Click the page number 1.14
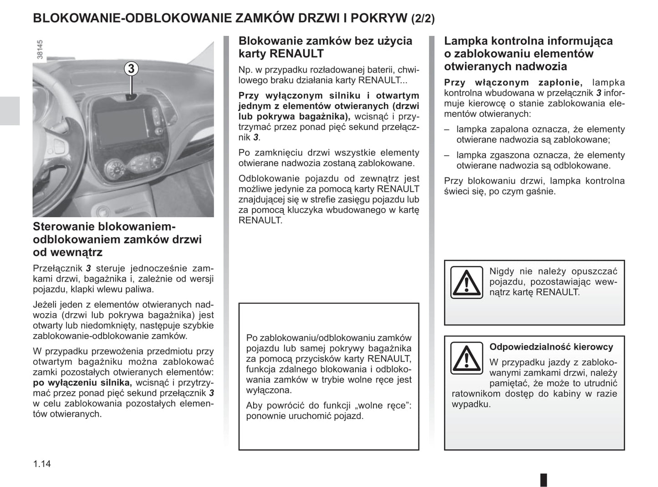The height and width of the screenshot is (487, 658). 42,464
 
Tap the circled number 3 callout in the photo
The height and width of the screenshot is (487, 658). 131,68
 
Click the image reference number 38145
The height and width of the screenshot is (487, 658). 40,49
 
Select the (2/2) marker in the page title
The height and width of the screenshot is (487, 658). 423,19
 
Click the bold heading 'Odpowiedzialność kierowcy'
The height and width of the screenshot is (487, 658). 551,347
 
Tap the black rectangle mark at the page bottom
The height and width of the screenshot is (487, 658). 543,480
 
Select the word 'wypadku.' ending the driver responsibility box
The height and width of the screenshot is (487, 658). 471,404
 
